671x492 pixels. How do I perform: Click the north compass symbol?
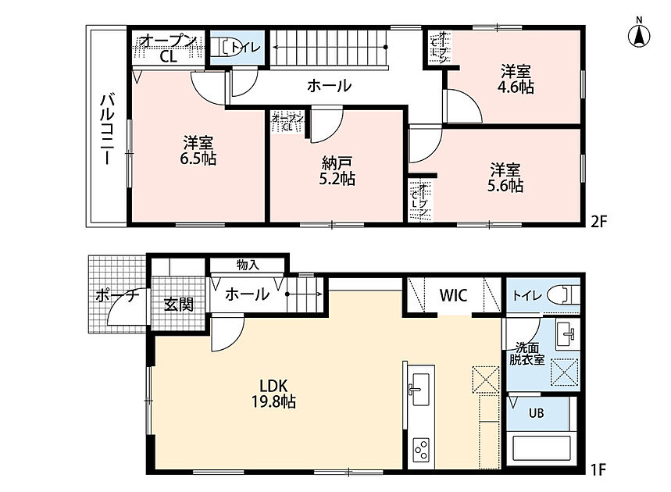(639, 34)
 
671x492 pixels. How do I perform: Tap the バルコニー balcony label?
(106, 129)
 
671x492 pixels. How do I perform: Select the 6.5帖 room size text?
(198, 159)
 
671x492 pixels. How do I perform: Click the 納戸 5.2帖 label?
(337, 171)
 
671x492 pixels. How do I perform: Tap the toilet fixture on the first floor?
(563, 294)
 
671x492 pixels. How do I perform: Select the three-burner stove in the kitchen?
(421, 450)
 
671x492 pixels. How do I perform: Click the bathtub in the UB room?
(541, 450)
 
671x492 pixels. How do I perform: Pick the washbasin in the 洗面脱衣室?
(567, 333)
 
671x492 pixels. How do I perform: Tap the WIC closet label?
(454, 295)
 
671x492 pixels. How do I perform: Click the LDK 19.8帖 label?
(274, 394)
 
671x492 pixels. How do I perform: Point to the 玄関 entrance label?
(180, 305)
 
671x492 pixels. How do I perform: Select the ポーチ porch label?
(118, 296)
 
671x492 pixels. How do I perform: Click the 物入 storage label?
(248, 266)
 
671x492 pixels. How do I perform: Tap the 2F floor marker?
(598, 222)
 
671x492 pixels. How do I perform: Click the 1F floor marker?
(599, 470)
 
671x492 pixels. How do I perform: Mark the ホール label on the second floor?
(329, 86)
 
